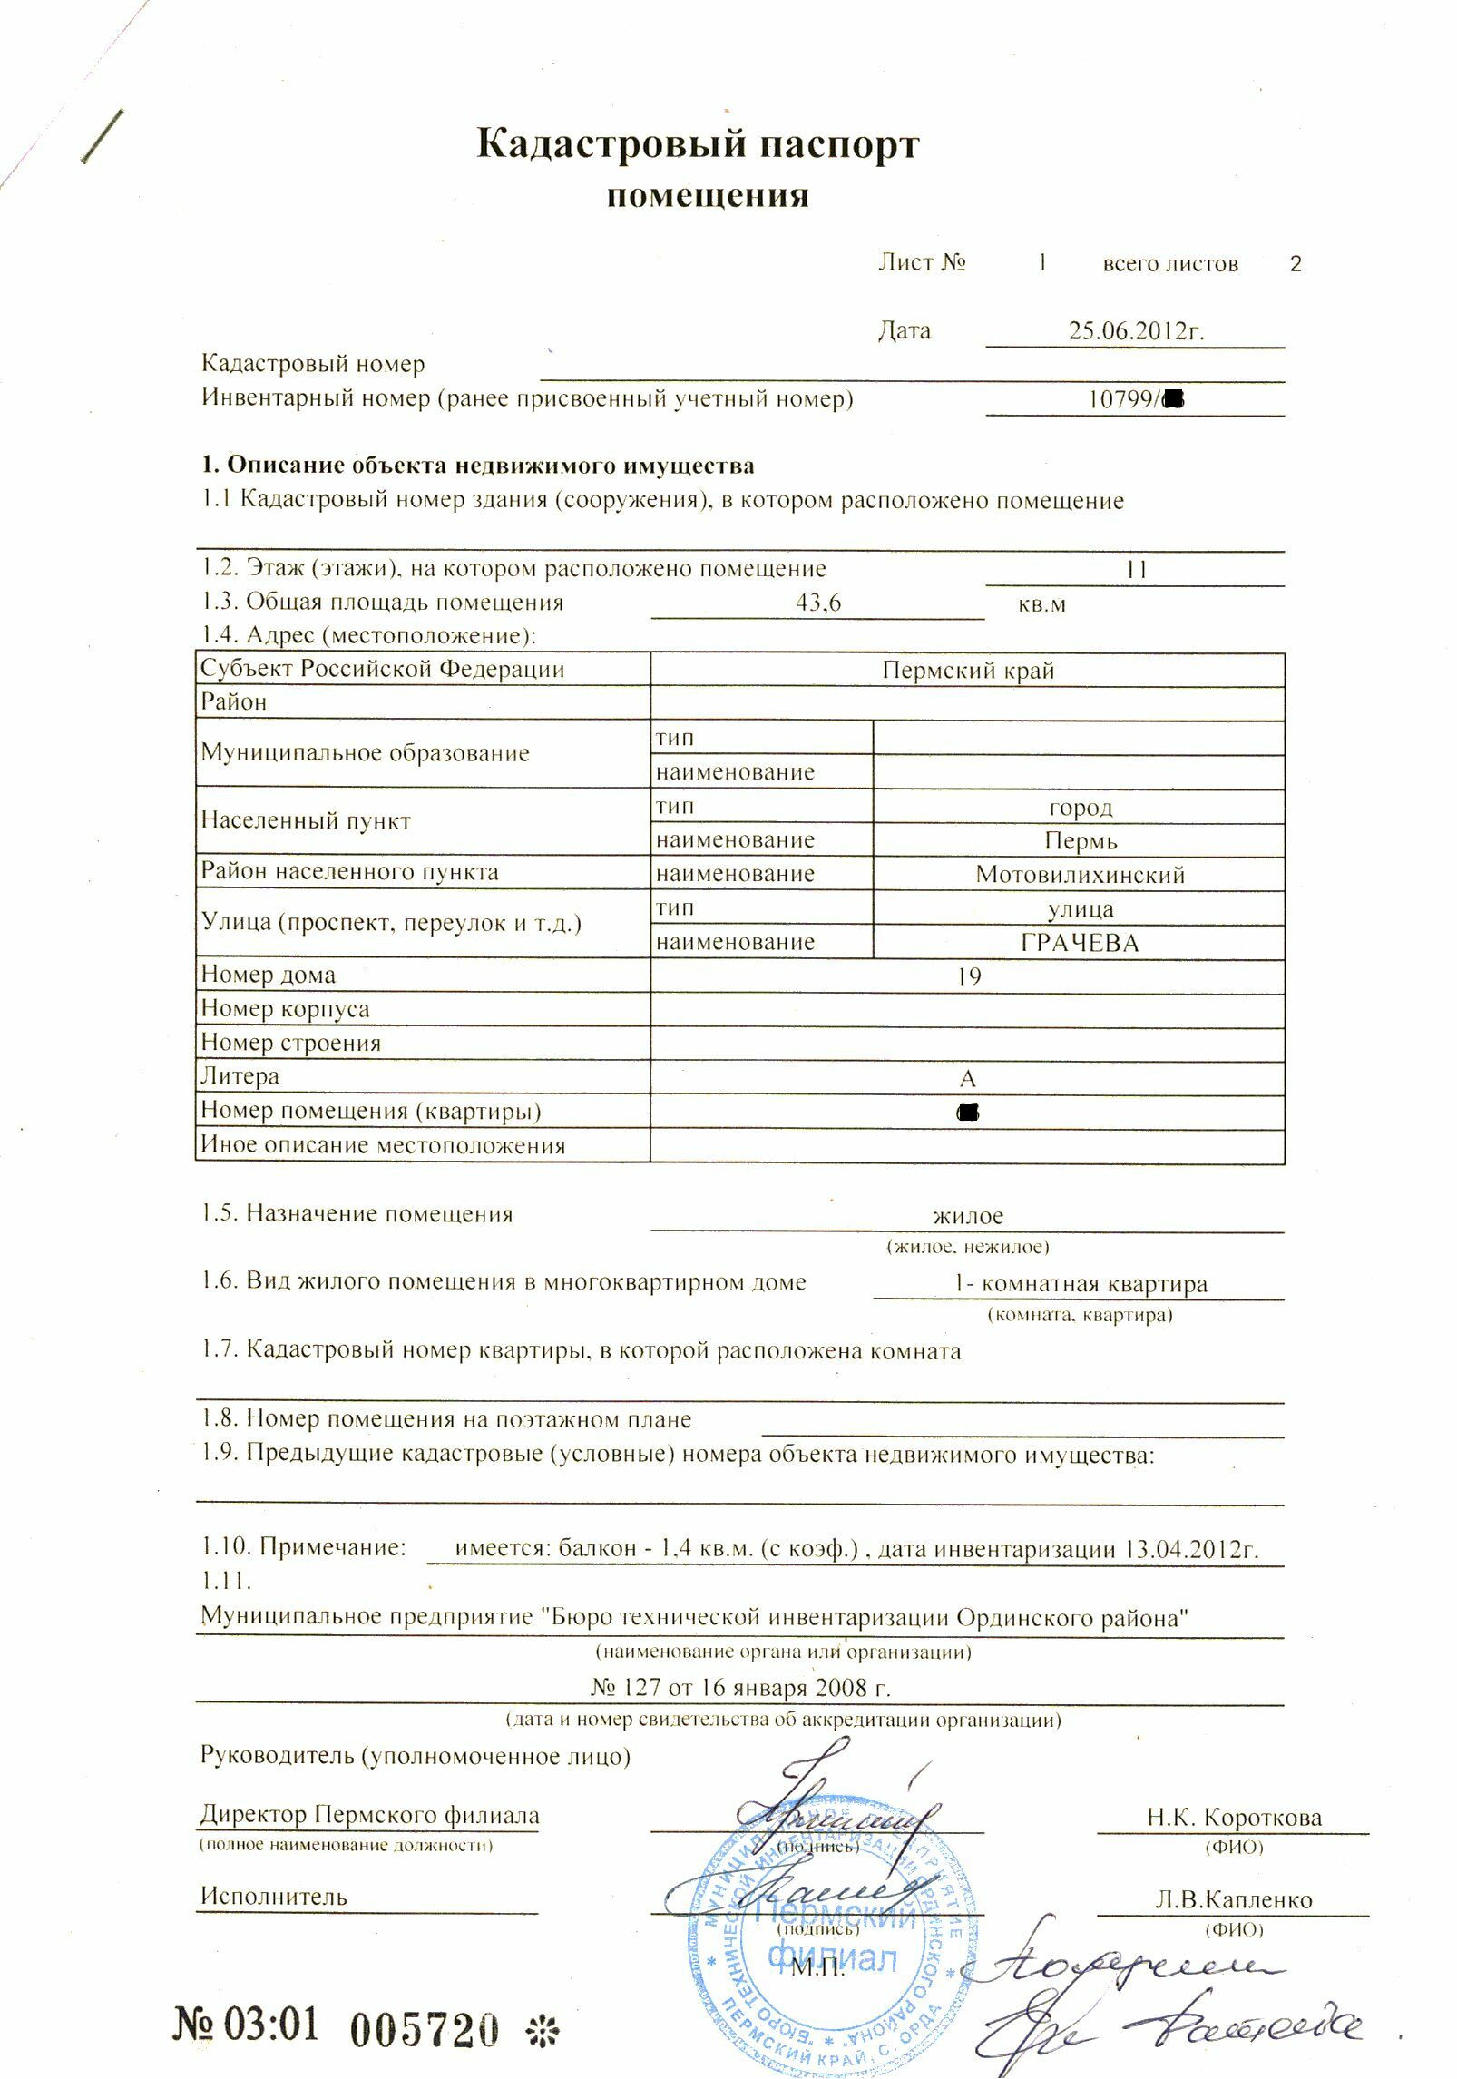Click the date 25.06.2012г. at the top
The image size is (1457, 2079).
click(1135, 330)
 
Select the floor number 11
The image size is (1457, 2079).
click(1136, 570)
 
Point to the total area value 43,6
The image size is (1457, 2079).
click(817, 603)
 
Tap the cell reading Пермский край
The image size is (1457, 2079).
click(967, 671)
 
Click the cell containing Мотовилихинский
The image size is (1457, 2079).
click(1080, 875)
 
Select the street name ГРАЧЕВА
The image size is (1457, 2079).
click(1080, 943)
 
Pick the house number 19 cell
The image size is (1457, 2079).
click(968, 976)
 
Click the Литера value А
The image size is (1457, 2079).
click(967, 1079)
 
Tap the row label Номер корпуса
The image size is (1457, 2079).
click(285, 1009)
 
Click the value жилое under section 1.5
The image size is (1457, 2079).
click(968, 1216)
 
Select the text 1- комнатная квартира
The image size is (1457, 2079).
click(1080, 1284)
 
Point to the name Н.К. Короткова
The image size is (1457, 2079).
click(1234, 1818)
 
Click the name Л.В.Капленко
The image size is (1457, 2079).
click(1234, 1899)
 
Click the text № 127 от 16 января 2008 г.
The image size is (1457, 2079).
click(740, 1688)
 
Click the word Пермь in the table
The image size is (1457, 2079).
click(1080, 841)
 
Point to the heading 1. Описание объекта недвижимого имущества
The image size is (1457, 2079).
click(477, 466)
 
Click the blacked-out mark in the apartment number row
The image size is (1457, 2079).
click(968, 1112)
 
